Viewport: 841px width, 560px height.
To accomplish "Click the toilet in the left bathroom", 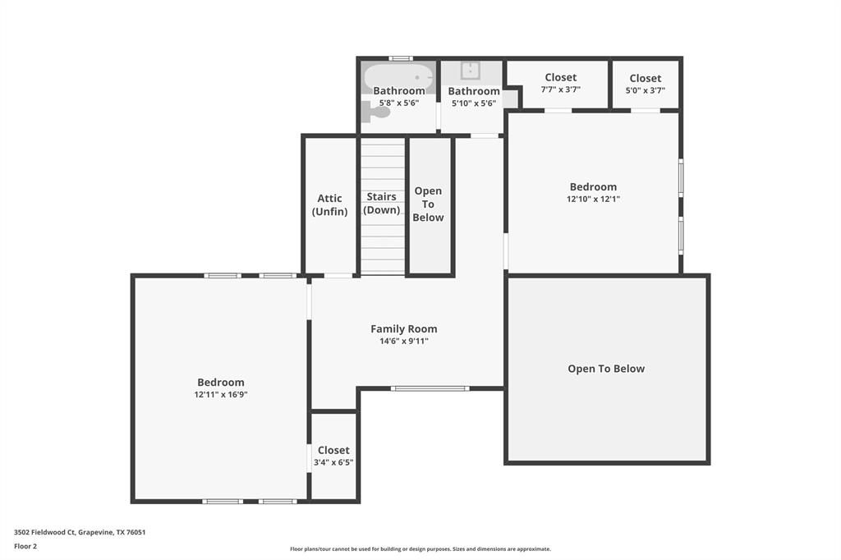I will (x=375, y=112).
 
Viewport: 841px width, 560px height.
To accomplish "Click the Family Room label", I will (x=403, y=328).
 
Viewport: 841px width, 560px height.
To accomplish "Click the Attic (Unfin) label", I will (x=329, y=204).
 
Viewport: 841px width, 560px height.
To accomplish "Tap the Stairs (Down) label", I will (x=381, y=203).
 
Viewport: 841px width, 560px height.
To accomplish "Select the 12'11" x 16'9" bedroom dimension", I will (x=220, y=394).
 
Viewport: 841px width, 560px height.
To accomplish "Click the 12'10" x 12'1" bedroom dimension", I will (x=593, y=199).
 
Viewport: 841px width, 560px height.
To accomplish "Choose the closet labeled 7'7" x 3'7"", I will (x=560, y=83).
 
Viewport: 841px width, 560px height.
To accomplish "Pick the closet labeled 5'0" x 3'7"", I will (x=645, y=84).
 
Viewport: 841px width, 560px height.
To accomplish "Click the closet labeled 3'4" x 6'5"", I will (x=333, y=456).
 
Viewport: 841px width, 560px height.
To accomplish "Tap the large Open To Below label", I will (x=606, y=369).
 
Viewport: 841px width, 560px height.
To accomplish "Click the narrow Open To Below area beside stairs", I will (x=428, y=204).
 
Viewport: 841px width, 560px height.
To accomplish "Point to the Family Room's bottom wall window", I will (x=430, y=388).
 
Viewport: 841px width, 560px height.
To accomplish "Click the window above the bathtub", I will (x=400, y=58).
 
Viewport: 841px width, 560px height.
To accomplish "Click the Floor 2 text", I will (x=25, y=546).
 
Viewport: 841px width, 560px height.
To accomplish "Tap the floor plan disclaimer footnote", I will (x=420, y=549).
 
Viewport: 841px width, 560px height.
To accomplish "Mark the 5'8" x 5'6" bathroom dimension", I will (x=399, y=103).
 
